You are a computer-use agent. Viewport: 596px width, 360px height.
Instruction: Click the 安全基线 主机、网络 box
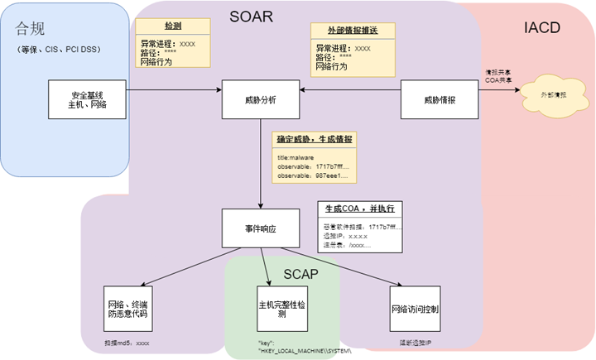tap(87, 100)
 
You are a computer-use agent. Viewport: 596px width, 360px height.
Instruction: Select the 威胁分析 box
tap(261, 100)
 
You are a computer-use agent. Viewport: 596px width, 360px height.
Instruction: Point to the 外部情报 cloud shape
tap(554, 96)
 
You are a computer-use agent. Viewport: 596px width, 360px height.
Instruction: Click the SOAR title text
tap(260, 16)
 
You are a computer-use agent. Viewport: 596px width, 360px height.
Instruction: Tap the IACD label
tap(542, 28)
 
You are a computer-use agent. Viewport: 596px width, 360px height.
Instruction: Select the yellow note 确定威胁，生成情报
tap(315, 157)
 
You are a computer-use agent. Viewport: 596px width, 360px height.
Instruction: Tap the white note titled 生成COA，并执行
tap(362, 224)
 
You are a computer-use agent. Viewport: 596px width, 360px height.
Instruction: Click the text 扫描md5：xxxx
tap(127, 341)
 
